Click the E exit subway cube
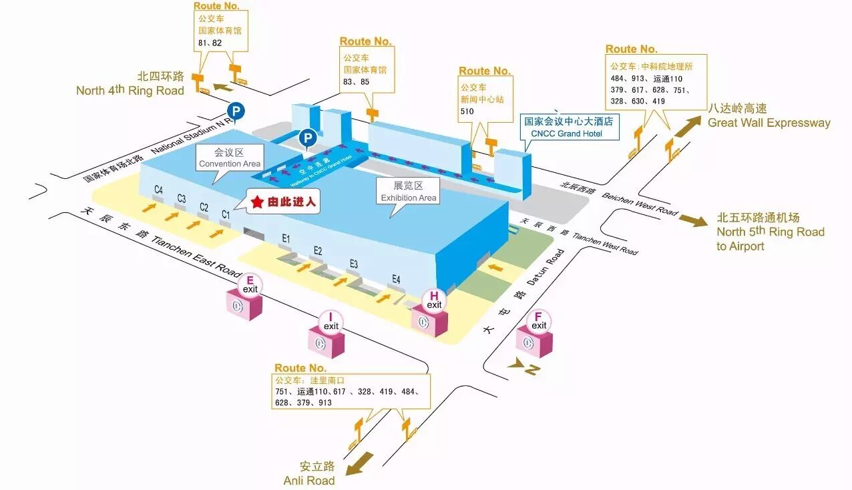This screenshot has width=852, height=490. pyautogui.click(x=245, y=306)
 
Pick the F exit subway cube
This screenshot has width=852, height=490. pyautogui.click(x=534, y=342)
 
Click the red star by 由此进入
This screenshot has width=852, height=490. pyautogui.click(x=257, y=201)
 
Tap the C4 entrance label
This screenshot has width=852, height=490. pyautogui.click(x=158, y=190)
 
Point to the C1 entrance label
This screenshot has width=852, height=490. pyautogui.click(x=226, y=214)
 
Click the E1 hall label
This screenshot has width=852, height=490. pyautogui.click(x=286, y=238)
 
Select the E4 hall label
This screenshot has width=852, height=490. pyautogui.click(x=396, y=279)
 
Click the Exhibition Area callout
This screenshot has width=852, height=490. pyautogui.click(x=408, y=192)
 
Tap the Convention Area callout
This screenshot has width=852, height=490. pyautogui.click(x=229, y=159)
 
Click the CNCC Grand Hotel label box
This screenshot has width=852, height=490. pyautogui.click(x=568, y=128)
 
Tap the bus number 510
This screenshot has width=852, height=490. pyautogui.click(x=467, y=111)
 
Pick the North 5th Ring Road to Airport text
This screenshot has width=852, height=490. pyautogui.click(x=770, y=232)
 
